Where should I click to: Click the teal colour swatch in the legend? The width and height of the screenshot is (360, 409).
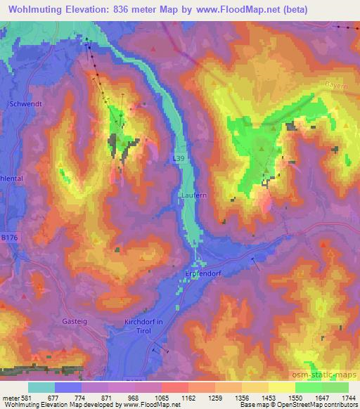click(x=41, y=387)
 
